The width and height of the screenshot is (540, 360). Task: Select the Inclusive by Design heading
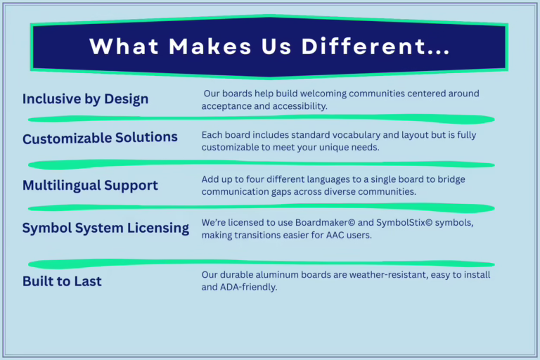pyautogui.click(x=85, y=98)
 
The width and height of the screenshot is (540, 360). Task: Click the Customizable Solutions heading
pyautogui.click(x=100, y=138)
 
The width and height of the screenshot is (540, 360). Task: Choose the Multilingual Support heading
pyautogui.click(x=90, y=186)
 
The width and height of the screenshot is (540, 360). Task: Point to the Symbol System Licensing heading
pyautogui.click(x=105, y=228)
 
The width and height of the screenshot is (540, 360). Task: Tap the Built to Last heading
pyautogui.click(x=62, y=281)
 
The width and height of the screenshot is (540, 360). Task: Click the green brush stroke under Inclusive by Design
pyautogui.click(x=260, y=119)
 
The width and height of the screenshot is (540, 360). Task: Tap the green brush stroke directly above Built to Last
pyautogui.click(x=260, y=264)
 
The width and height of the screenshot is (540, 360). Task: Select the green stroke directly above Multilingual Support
pyautogui.click(x=260, y=164)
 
